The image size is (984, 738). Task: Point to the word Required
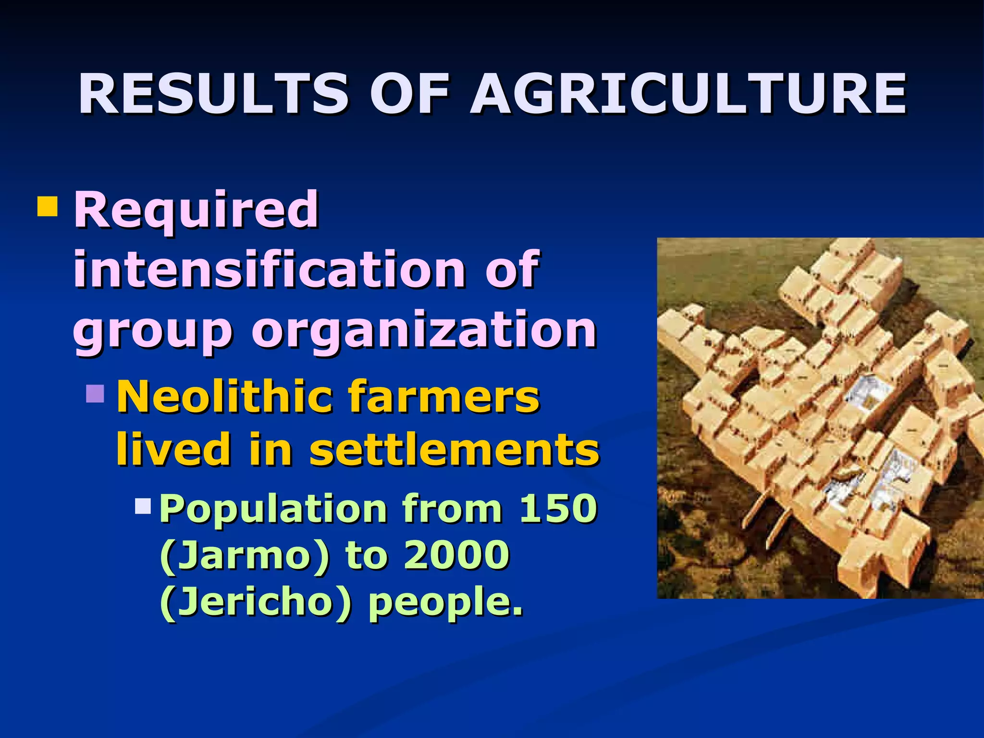tap(196, 210)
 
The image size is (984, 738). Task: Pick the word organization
tap(424, 331)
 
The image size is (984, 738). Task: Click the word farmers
tap(444, 397)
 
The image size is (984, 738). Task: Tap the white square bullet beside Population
tap(143, 505)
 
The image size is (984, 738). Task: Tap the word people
tap(445, 603)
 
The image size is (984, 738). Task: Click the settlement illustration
tap(820, 418)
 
